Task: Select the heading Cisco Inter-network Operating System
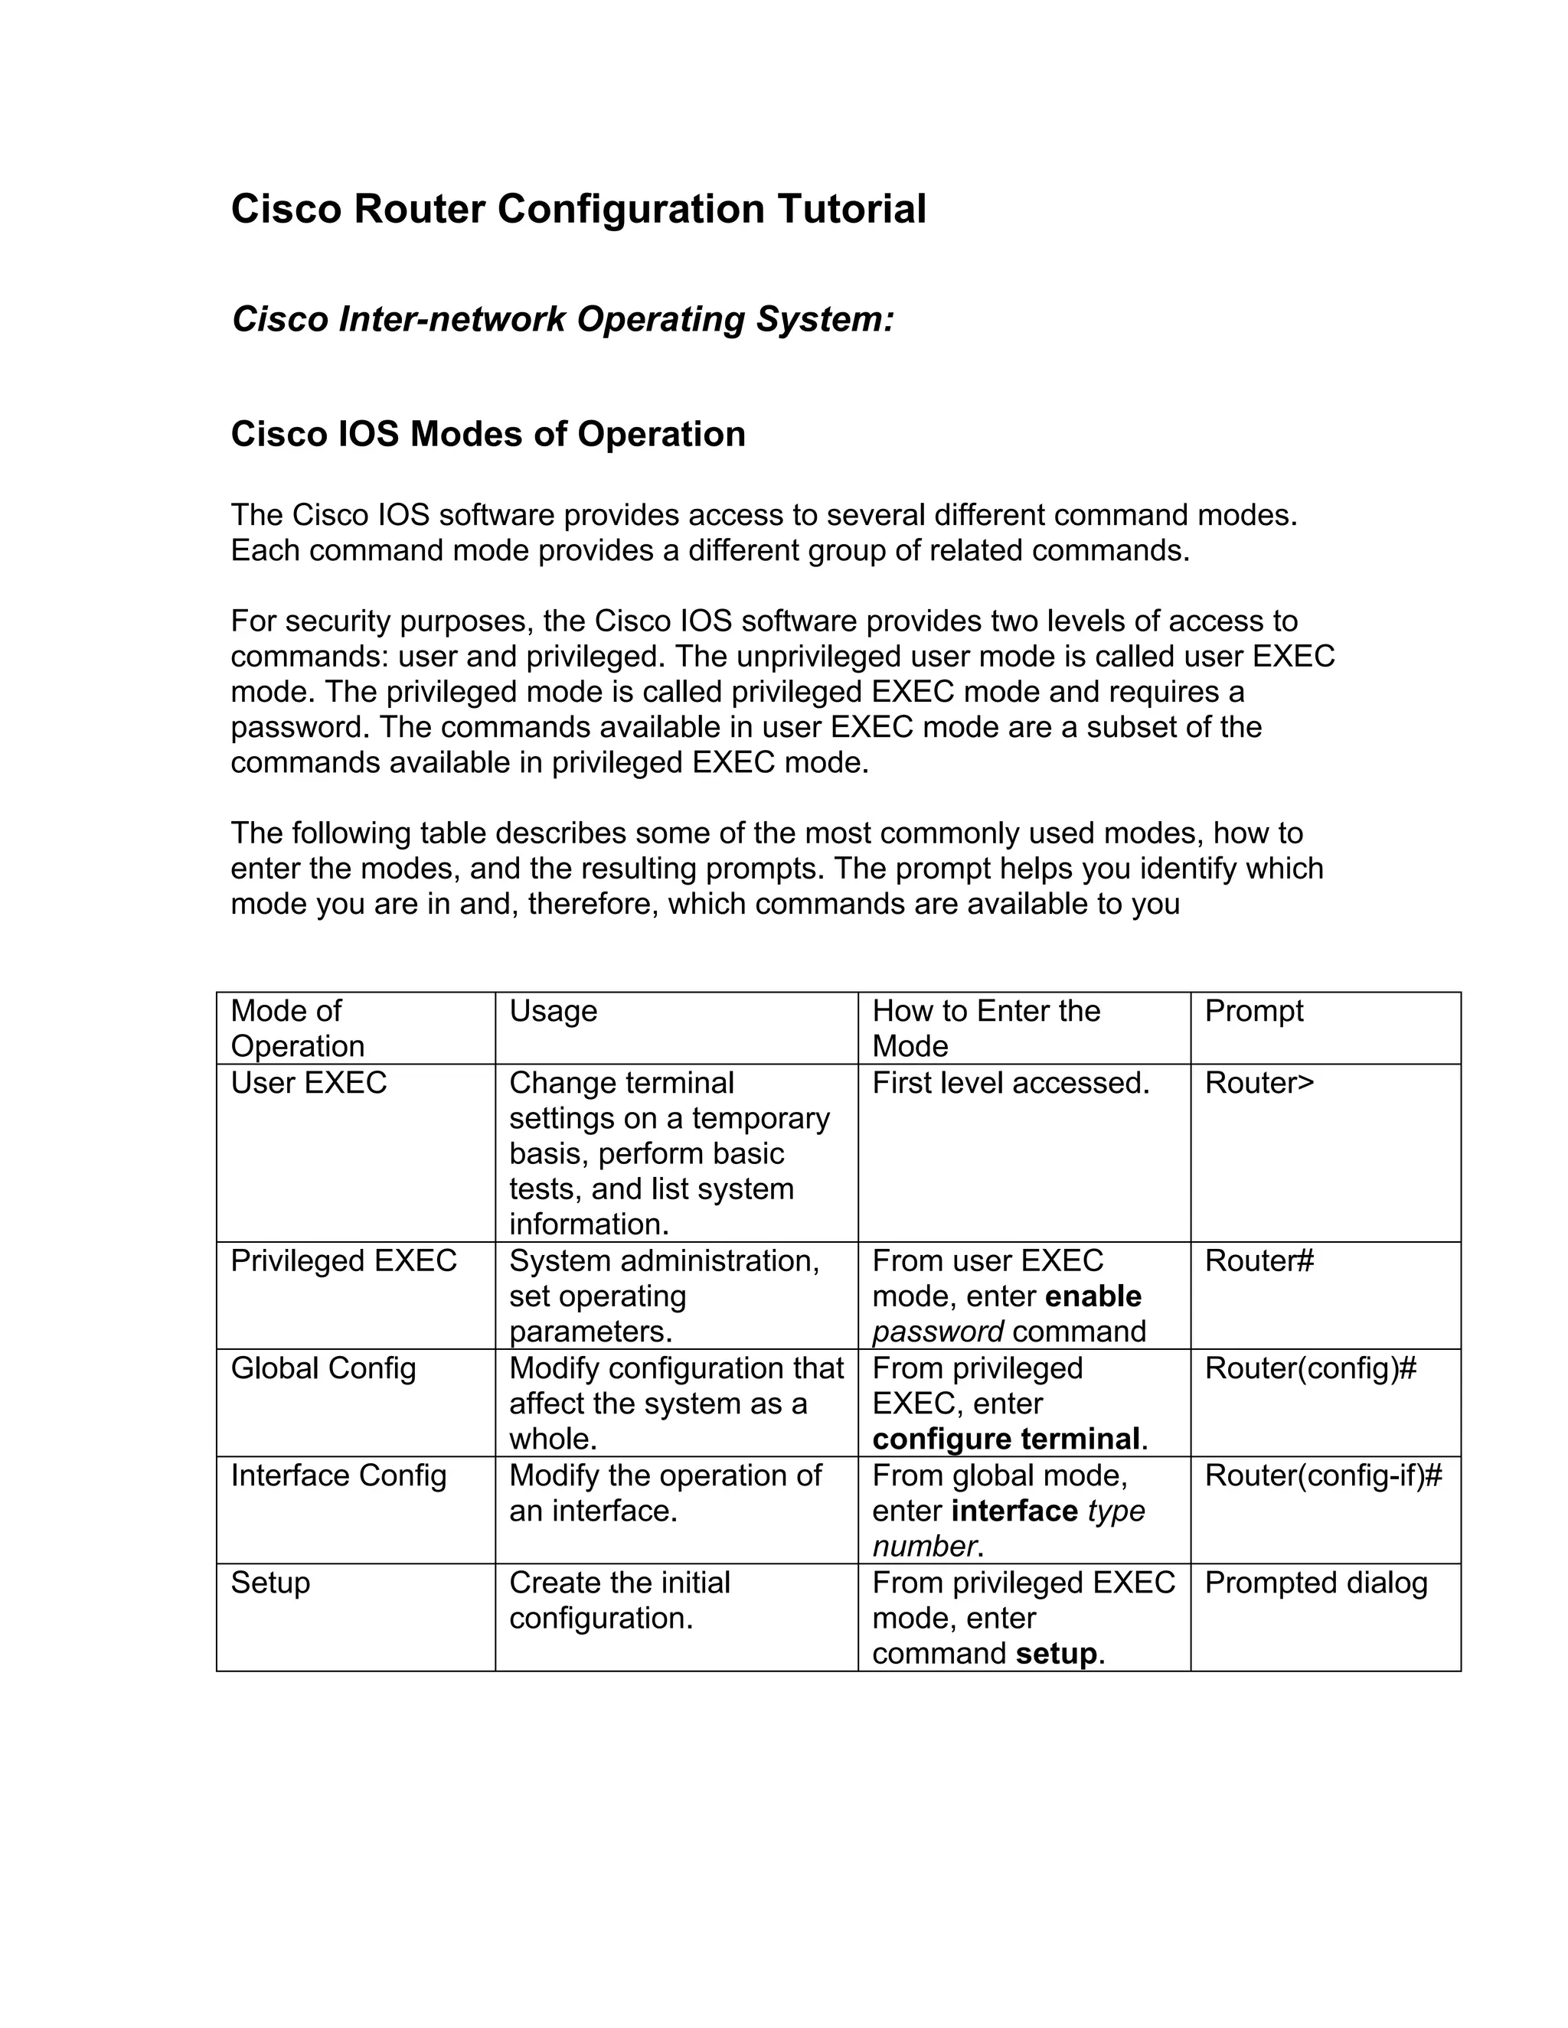(x=562, y=318)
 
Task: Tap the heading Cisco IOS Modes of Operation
(x=488, y=434)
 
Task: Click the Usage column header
(x=553, y=1010)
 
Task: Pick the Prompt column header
(x=1253, y=1010)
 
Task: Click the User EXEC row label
(x=309, y=1083)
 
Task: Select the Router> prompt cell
(x=1259, y=1083)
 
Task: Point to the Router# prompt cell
(x=1259, y=1261)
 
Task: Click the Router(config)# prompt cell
(x=1310, y=1369)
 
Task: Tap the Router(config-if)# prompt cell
(x=1323, y=1475)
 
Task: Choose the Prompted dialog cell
(x=1315, y=1583)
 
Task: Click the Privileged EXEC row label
(x=344, y=1261)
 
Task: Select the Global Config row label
(x=323, y=1369)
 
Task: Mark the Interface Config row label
(x=338, y=1475)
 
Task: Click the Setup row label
(x=269, y=1583)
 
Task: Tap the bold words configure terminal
(x=1006, y=1439)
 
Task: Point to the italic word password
(x=937, y=1332)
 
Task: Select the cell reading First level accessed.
(x=1011, y=1083)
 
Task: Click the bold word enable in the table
(x=1093, y=1296)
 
